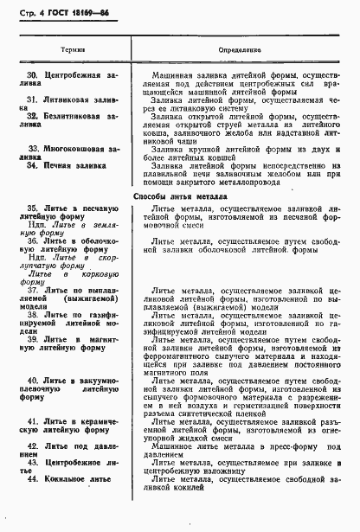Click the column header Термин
74,50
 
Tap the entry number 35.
32,208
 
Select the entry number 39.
32,340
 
